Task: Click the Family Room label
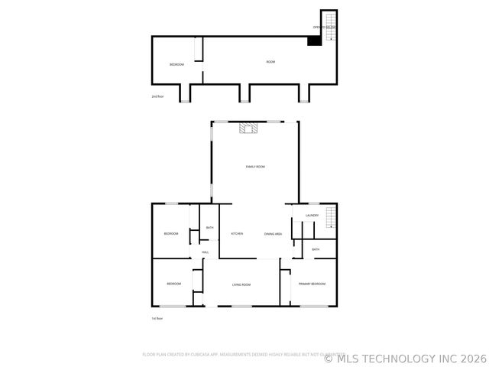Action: point(255,166)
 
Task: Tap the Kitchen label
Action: point(237,233)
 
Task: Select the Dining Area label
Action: point(273,233)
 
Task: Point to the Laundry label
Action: point(311,216)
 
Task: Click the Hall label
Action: point(206,252)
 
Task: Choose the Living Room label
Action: point(241,284)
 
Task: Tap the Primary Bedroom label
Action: point(312,284)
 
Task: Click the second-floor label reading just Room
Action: point(270,62)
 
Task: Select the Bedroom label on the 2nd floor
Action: point(176,65)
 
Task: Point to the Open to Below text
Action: point(324,28)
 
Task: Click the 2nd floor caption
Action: point(158,96)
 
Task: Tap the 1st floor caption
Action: point(157,318)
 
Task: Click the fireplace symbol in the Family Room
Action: point(246,128)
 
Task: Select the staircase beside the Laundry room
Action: point(330,217)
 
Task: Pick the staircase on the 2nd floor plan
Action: point(331,26)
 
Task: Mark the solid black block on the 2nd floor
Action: point(313,41)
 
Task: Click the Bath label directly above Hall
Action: point(209,228)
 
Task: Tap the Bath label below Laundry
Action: point(315,249)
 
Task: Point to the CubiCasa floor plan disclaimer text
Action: point(238,354)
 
